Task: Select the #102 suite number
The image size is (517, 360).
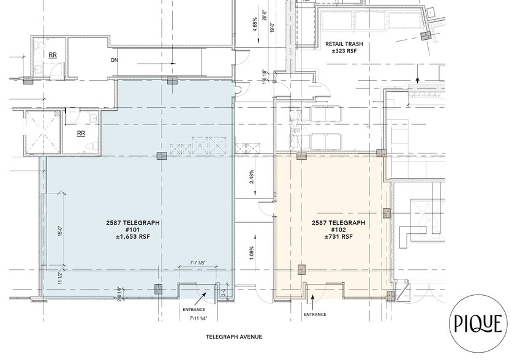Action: [x=338, y=230]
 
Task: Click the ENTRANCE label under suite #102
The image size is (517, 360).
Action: [x=314, y=314]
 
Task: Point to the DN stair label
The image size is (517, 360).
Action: [x=114, y=60]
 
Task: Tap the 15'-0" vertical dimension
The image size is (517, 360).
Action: [x=60, y=234]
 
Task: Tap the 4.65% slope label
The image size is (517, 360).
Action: [x=254, y=24]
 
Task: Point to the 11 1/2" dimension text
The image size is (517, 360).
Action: [x=60, y=278]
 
